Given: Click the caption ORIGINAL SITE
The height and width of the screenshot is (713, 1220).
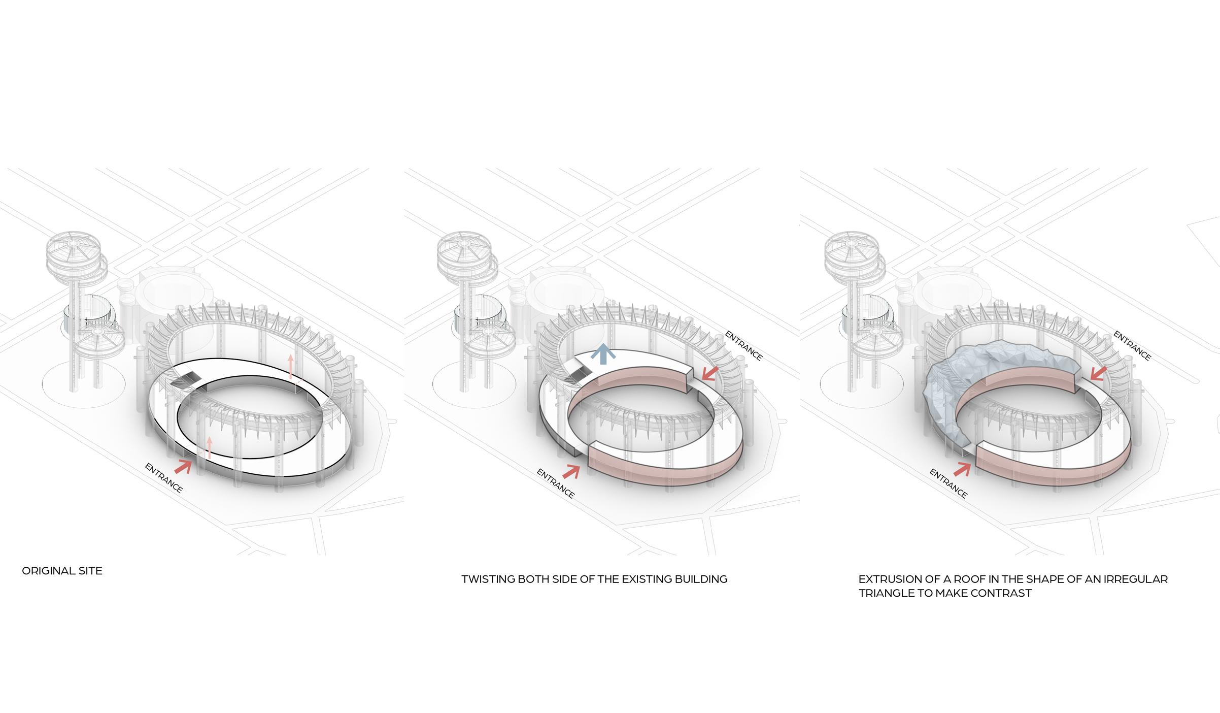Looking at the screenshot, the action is [x=62, y=571].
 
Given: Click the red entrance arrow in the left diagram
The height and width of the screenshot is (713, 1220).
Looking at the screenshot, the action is [x=184, y=465].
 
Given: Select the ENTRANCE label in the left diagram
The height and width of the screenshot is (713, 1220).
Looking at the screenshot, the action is [x=163, y=478].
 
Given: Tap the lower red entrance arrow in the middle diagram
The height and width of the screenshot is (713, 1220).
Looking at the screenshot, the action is [x=571, y=471].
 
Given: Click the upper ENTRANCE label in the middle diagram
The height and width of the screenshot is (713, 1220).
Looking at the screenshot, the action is [x=744, y=345].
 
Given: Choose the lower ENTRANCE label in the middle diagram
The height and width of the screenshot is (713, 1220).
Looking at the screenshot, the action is [x=556, y=483].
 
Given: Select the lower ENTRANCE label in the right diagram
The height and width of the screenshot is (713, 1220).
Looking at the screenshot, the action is [x=948, y=483].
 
